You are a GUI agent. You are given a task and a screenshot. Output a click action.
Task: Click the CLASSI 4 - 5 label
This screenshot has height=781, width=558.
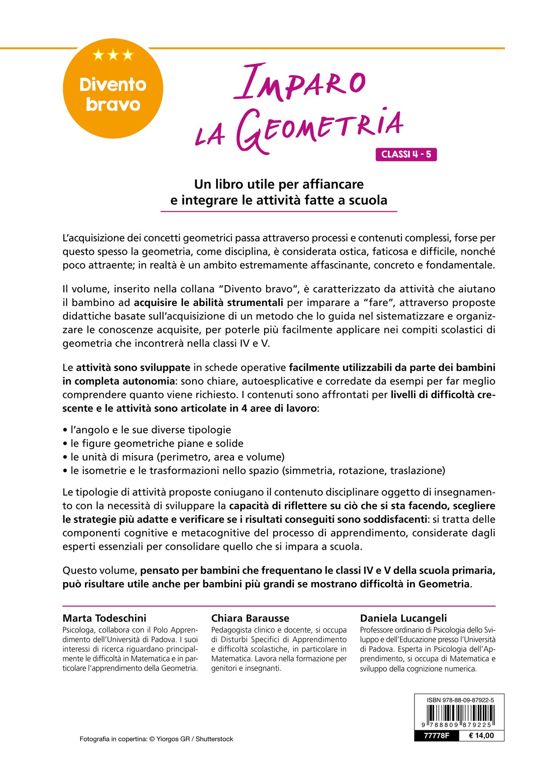click(x=406, y=154)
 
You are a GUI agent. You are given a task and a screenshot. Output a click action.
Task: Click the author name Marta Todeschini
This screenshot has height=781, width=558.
click(x=104, y=618)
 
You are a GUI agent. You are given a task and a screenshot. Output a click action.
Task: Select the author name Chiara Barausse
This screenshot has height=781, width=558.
click(x=250, y=618)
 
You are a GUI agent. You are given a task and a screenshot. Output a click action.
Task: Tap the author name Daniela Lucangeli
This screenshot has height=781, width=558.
click(x=403, y=618)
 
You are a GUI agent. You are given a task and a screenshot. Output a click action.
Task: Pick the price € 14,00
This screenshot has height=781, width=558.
click(x=481, y=736)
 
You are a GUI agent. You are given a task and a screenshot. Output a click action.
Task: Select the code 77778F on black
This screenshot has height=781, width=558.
click(x=436, y=736)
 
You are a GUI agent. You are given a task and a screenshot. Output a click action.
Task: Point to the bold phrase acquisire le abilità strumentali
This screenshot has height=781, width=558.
click(x=208, y=302)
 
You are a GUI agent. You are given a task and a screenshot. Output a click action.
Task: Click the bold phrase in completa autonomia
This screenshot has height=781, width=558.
click(x=118, y=381)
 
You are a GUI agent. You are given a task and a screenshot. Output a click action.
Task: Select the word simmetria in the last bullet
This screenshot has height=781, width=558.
click(x=310, y=471)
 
